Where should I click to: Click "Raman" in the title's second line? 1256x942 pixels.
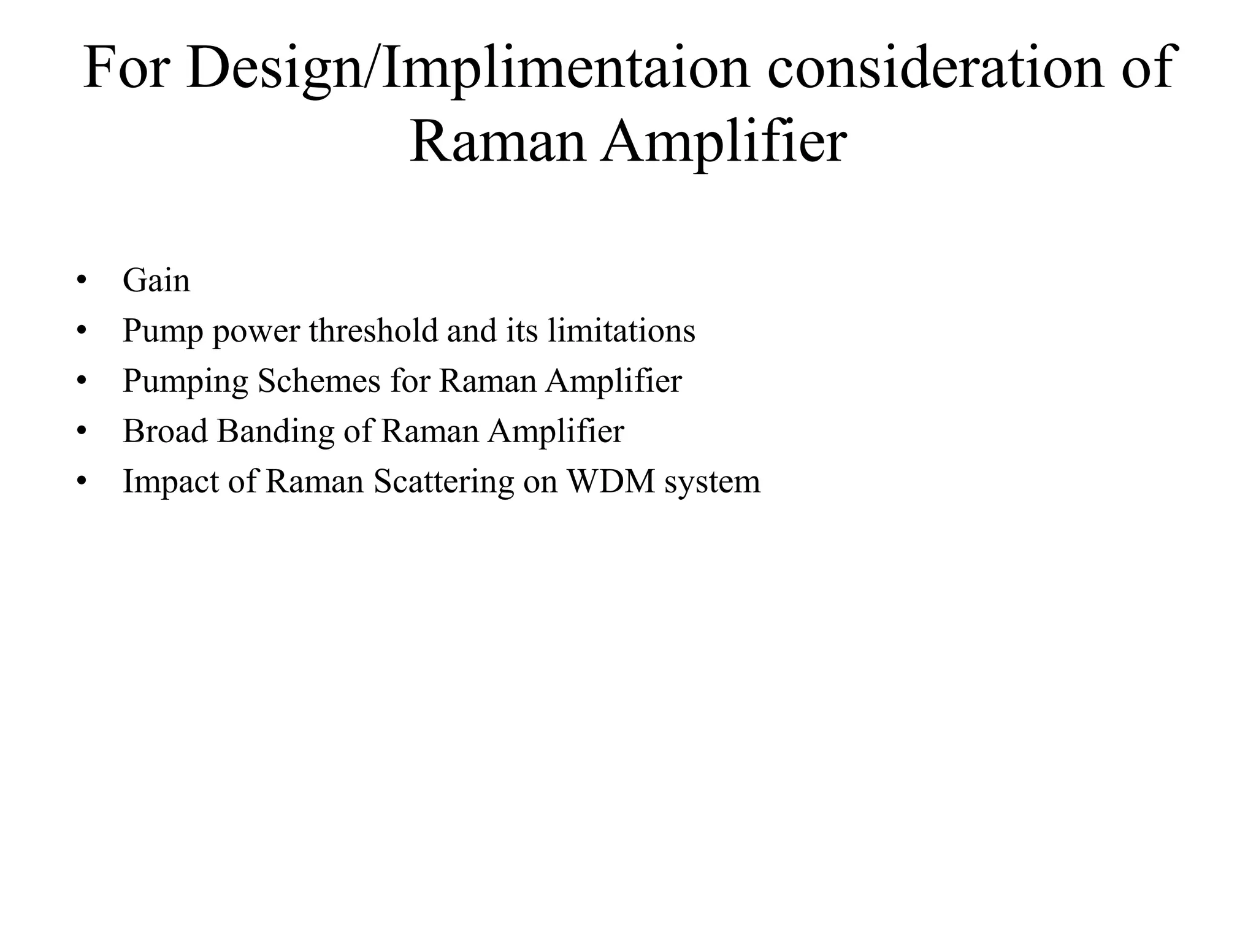point(497,141)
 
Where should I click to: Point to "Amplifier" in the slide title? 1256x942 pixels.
point(724,141)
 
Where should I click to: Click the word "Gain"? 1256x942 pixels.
point(156,281)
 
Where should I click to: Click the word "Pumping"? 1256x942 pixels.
point(185,381)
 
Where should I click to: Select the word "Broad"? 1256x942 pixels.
point(165,431)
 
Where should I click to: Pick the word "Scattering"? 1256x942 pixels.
point(444,481)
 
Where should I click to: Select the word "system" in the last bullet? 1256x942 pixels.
point(712,481)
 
